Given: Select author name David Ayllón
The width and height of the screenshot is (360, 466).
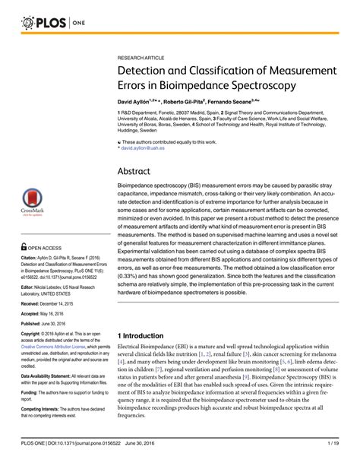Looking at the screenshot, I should [139, 103].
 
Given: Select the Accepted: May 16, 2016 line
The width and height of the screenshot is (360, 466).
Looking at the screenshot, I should [48, 313].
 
